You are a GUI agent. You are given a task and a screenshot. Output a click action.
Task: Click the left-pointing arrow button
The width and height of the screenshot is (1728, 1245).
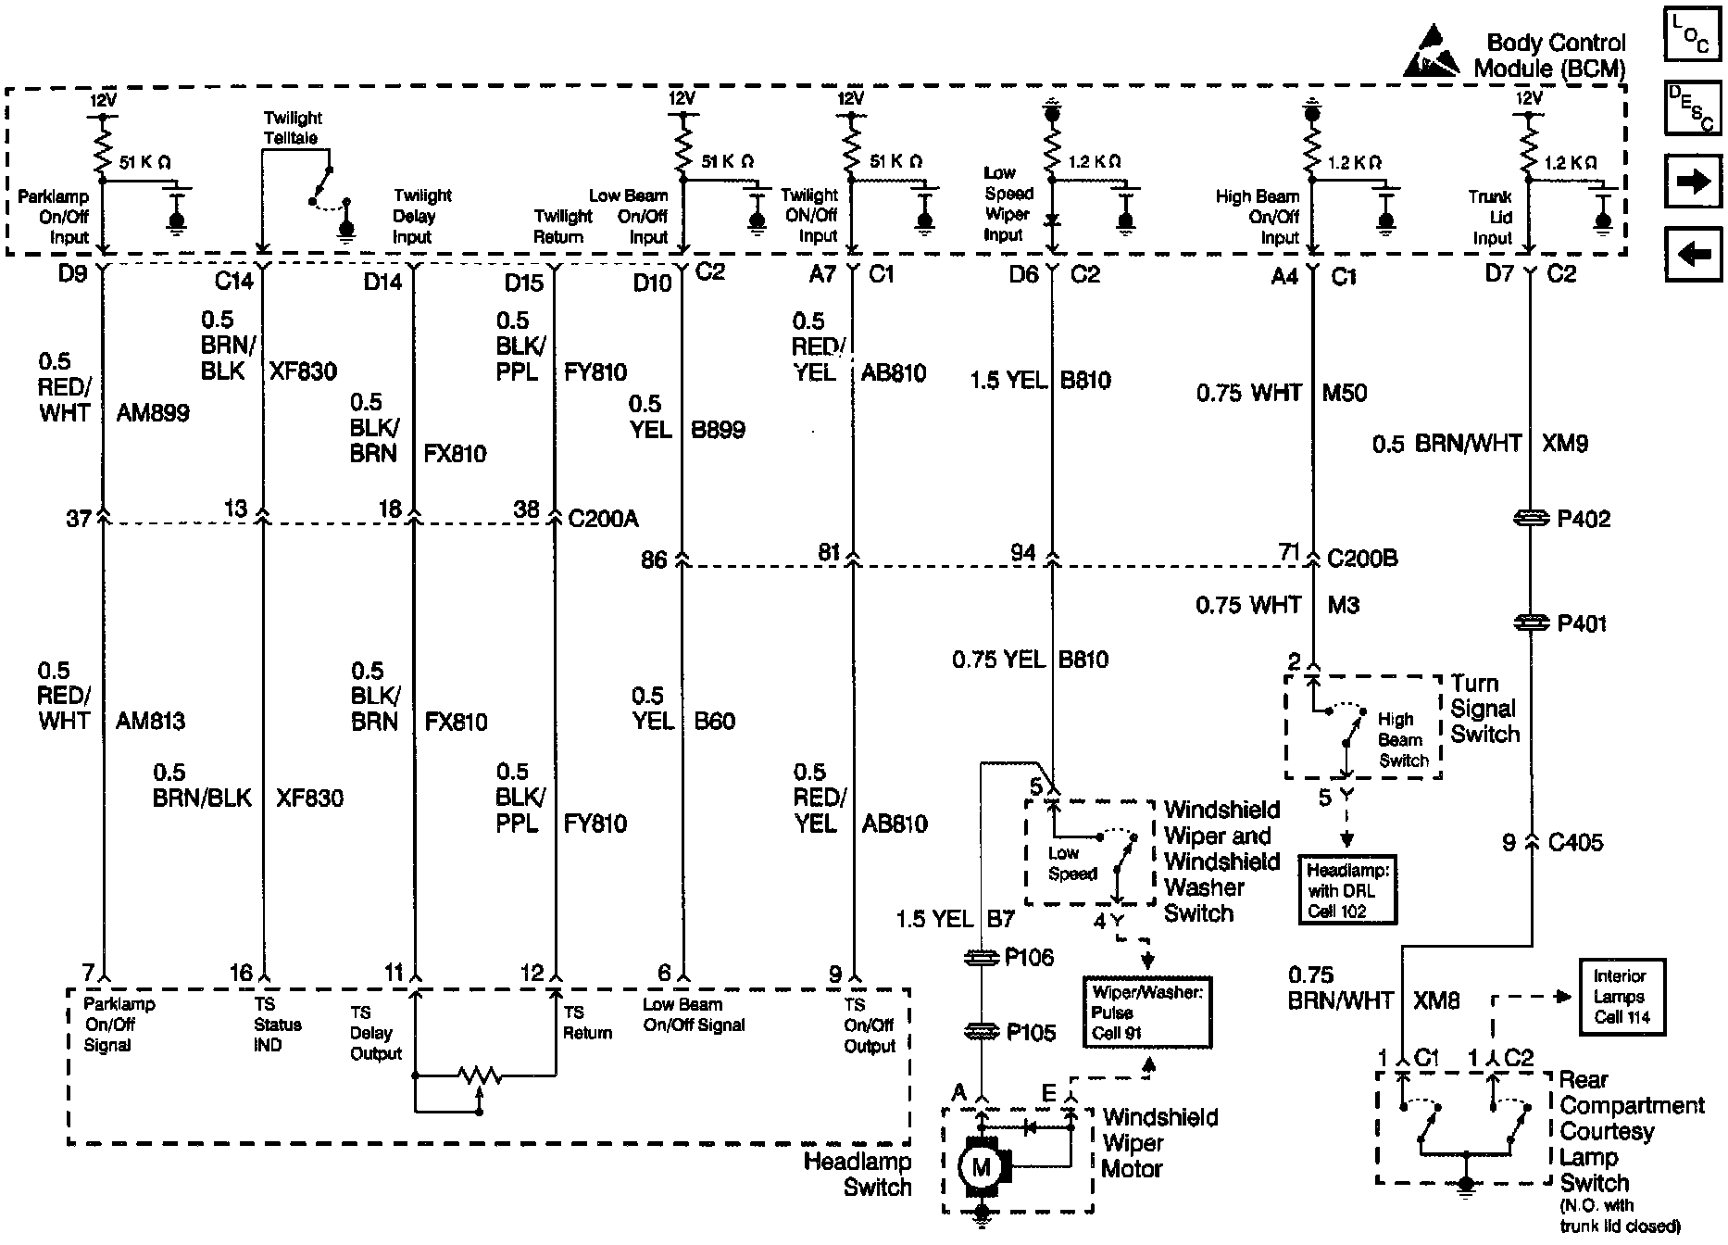point(1693,253)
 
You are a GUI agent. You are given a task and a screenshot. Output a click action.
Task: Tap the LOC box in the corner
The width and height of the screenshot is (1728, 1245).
point(1693,34)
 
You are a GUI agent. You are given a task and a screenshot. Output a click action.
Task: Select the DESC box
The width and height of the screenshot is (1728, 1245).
point(1693,107)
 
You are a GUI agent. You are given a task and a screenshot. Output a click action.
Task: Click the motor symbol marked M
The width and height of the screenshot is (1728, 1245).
point(981,1167)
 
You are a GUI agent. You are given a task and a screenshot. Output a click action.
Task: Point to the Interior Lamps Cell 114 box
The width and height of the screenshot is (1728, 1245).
point(1620,997)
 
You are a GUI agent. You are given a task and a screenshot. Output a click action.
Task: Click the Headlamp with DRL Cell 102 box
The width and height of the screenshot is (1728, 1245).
point(1346,890)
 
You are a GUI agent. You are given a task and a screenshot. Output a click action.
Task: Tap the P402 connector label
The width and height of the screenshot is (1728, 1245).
point(1584,519)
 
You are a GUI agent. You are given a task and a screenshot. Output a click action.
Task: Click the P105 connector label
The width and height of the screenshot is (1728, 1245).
point(1031,1032)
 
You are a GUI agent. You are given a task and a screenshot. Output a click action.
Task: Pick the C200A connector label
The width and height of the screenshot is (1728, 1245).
point(603,518)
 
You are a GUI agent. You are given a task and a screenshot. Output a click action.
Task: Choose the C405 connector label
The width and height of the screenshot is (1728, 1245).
point(1574,843)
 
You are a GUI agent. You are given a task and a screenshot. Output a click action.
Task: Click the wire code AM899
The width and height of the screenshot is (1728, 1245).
point(154,413)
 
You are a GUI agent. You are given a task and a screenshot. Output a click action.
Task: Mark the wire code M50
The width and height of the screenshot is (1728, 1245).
point(1345,393)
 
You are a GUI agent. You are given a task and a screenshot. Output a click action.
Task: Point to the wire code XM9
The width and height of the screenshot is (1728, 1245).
point(1565,444)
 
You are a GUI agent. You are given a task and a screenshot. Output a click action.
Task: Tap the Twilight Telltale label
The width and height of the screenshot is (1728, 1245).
point(292,128)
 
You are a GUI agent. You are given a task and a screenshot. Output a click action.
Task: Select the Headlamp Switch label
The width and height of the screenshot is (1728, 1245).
point(858,1174)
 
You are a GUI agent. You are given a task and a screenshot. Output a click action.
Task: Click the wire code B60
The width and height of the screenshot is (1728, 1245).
point(715,721)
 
